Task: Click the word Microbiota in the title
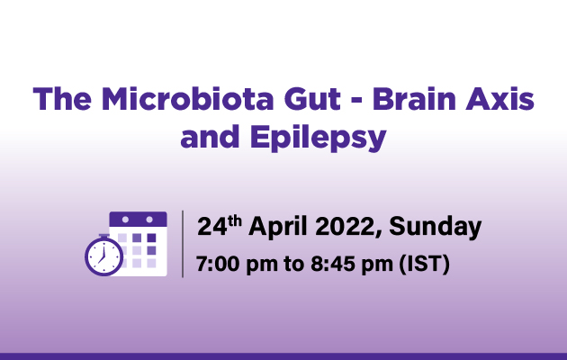coord(188,98)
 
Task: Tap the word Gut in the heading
coord(312,98)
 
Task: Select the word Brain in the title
coord(414,98)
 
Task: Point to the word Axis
coord(500,98)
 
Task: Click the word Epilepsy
coord(319,139)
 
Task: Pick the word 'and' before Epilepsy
coord(210,137)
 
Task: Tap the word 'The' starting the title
coord(62,98)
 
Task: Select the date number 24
coord(212,227)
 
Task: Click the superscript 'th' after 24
coord(235,220)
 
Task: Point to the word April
coord(278,228)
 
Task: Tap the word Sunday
coord(435,228)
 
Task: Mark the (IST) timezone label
coord(424,265)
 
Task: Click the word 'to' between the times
coord(292,265)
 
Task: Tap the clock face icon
coord(104,256)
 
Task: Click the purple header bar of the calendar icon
coord(138,220)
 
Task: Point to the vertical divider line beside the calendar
coord(183,244)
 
